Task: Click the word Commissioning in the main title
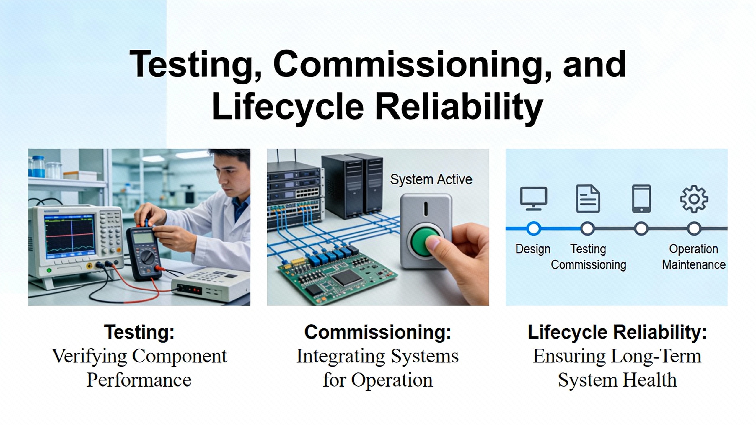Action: coord(412,64)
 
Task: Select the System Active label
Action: coord(431,179)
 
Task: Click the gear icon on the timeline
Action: coord(694,199)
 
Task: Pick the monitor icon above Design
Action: coord(533,198)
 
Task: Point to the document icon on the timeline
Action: coord(588,199)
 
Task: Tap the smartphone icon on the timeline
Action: coord(641,199)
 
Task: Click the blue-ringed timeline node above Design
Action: coord(533,228)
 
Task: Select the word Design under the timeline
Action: coord(533,249)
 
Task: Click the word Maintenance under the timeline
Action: coord(694,265)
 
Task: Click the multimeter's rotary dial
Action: coord(147,257)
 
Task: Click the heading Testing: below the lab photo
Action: coord(139,332)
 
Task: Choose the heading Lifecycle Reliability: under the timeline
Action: coord(617,332)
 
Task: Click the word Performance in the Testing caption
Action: coord(139,380)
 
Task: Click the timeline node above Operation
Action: coord(694,228)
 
